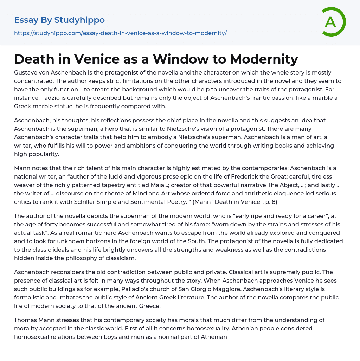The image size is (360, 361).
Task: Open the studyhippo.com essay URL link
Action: pyautogui.click(x=120, y=33)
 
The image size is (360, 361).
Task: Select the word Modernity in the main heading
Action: pyautogui.click(x=264, y=59)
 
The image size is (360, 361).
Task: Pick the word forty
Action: pyautogui.click(x=53, y=224)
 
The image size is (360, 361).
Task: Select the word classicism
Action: pyautogui.click(x=118, y=258)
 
